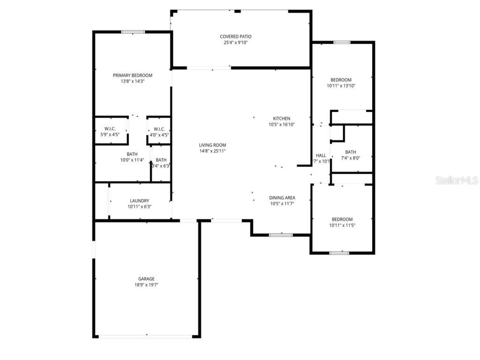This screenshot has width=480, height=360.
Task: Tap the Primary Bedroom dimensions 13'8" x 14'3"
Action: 133,81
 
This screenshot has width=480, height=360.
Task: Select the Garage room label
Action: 146,279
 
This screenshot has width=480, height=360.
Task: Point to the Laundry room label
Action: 140,201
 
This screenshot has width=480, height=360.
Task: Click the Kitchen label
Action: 282,119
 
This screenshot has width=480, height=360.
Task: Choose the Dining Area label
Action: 282,198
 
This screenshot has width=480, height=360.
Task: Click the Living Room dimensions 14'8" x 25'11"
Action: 212,151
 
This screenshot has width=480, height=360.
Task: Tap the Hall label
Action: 321,156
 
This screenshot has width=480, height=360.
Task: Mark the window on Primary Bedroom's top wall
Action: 133,32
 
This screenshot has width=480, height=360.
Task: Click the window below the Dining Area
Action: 281,234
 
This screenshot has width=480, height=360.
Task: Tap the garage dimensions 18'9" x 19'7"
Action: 146,285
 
